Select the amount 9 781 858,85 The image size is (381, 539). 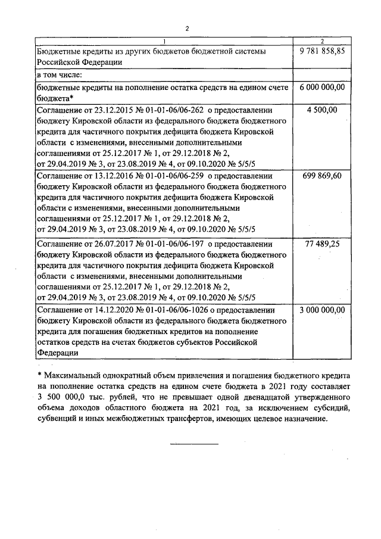[322, 52]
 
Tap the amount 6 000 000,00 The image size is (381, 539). [322, 88]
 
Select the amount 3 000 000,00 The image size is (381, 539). [322, 311]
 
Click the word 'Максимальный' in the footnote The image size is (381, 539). [72, 376]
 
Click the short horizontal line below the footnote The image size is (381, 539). [195, 444]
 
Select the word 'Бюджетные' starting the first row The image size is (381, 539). [58, 52]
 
